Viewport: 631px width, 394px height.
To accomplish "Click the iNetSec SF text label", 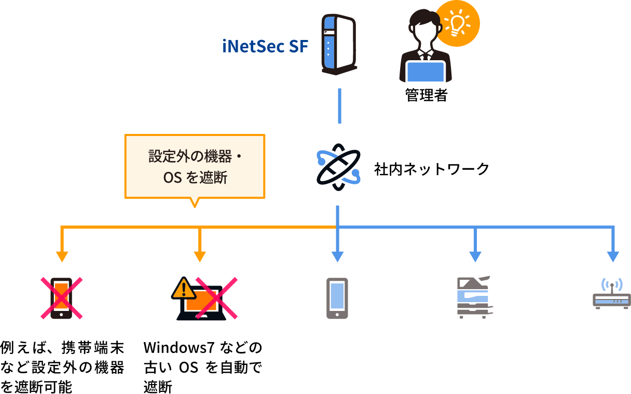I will [265, 47].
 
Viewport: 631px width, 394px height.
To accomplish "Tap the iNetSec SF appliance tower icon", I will [338, 44].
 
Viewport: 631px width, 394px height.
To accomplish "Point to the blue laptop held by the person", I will [426, 72].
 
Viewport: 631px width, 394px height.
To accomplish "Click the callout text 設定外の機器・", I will [195, 156].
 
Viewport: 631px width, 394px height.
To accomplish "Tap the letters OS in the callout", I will [172, 178].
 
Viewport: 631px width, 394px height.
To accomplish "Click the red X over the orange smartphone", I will [62, 298].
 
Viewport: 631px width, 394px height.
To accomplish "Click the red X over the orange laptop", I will [216, 298].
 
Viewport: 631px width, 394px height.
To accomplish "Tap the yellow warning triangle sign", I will [182, 289].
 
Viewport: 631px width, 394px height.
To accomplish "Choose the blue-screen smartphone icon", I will [337, 298].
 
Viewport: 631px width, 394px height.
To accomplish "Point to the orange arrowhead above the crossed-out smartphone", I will [62, 256].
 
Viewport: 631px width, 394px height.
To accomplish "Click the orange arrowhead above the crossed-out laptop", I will [200, 256].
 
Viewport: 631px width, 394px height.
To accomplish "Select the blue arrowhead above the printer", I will [475, 256].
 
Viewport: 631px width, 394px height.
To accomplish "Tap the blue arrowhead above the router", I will [613, 256].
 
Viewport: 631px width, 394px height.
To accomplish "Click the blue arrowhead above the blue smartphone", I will [338, 256].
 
